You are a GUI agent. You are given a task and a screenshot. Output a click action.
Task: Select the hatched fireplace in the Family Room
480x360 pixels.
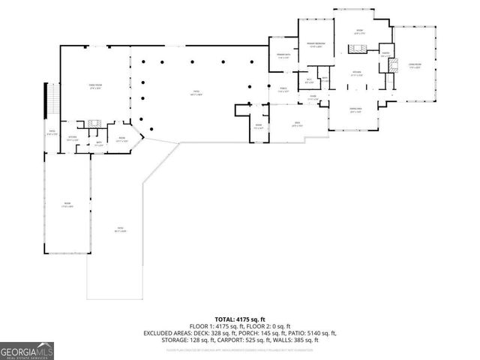[94, 122]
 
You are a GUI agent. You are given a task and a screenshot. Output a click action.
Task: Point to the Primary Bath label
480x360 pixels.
[284, 56]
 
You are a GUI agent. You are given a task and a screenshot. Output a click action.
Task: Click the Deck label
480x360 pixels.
[297, 124]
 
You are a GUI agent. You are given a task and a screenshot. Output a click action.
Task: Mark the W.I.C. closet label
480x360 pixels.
[310, 80]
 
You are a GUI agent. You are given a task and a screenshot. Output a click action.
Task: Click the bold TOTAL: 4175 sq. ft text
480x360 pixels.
[240, 319]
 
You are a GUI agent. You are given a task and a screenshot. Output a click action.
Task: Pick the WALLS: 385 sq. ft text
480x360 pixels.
[304, 340]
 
